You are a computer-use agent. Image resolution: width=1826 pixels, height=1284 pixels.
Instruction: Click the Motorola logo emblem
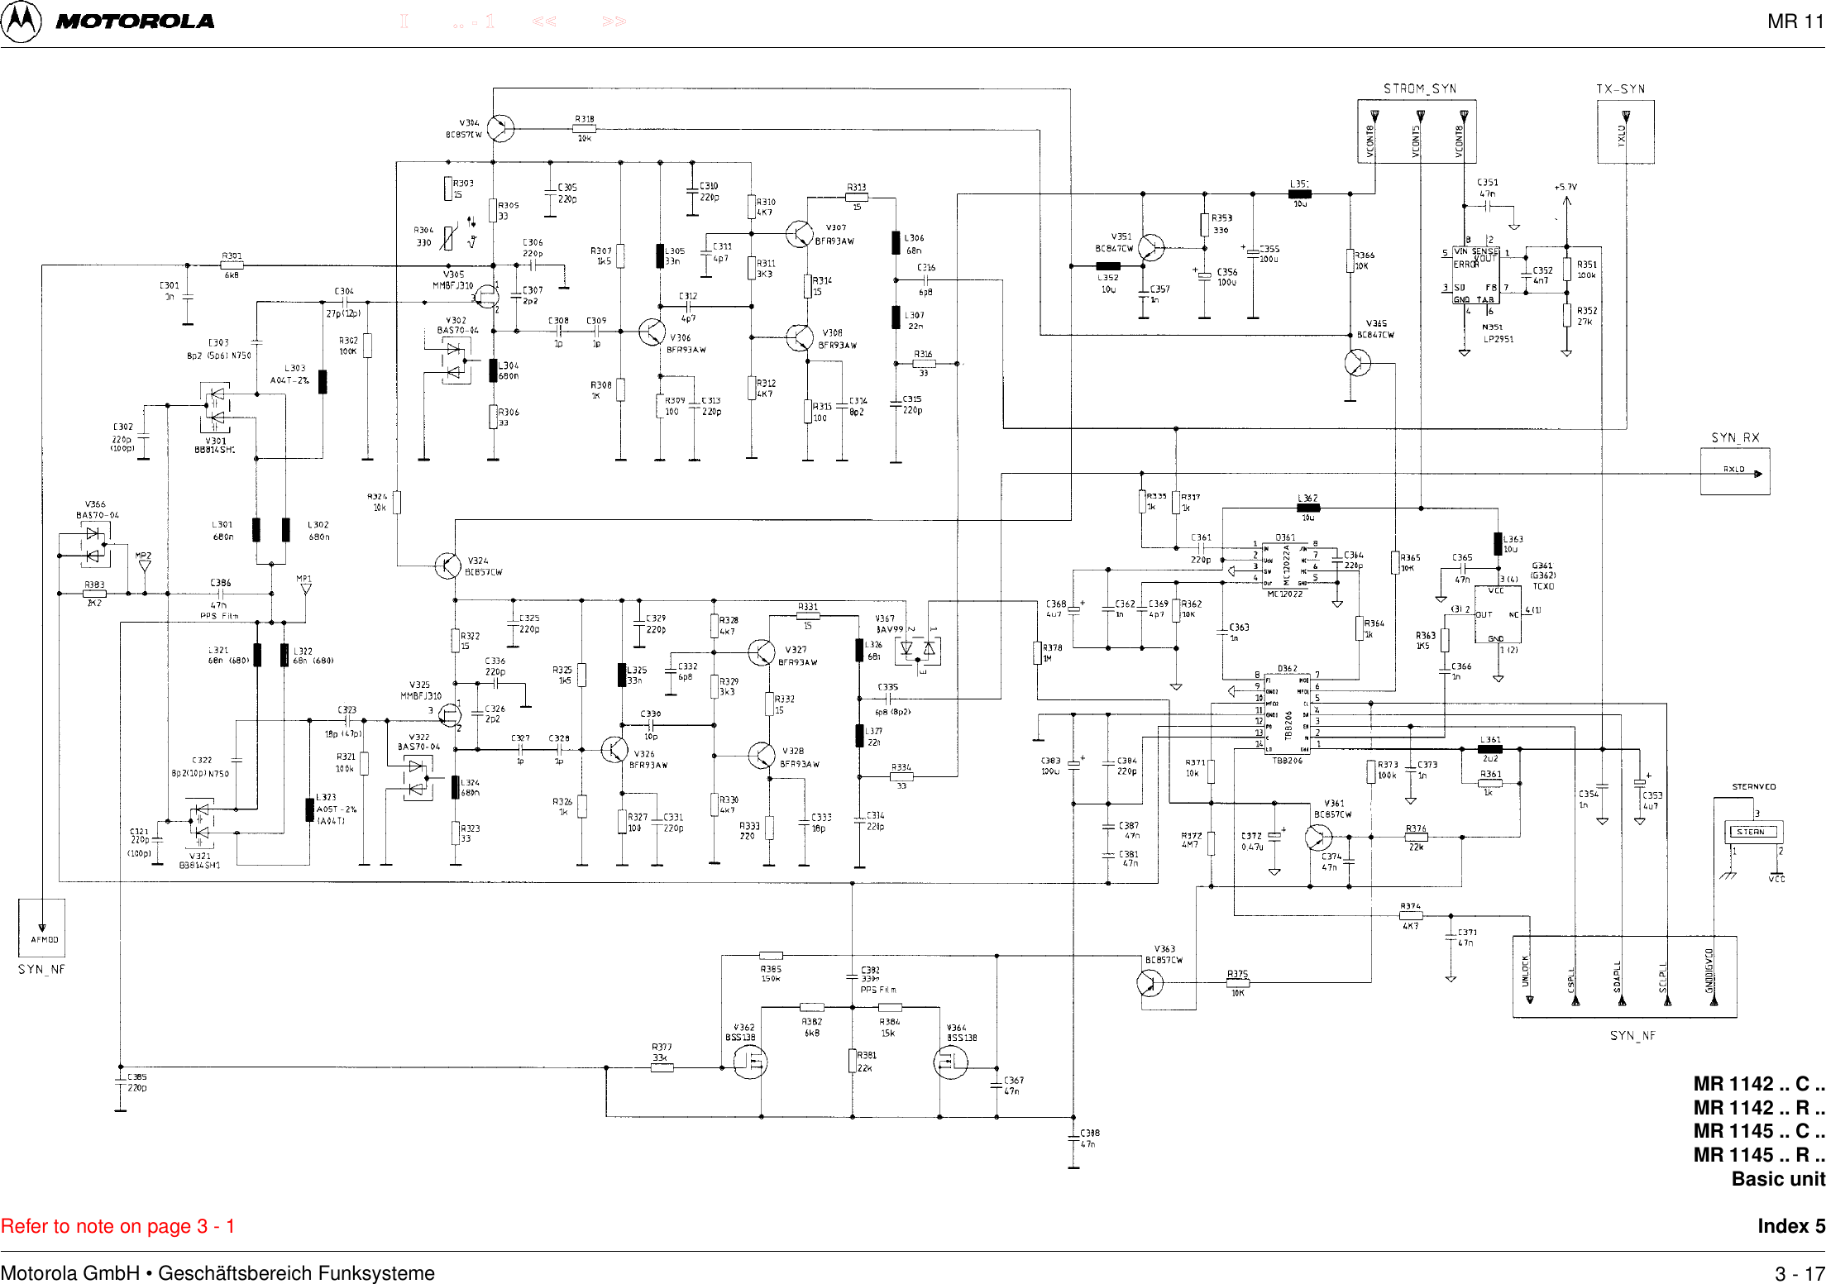point(21,21)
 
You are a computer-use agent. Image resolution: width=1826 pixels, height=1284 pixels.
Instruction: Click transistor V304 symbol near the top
point(500,128)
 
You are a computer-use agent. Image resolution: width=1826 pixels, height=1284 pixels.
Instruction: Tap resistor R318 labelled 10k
point(584,128)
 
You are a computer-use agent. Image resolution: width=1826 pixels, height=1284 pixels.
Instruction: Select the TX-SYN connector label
point(1620,89)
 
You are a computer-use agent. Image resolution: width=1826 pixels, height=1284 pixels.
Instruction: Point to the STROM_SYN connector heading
point(1419,88)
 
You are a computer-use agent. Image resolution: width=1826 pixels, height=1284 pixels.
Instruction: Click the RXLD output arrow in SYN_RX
point(1757,474)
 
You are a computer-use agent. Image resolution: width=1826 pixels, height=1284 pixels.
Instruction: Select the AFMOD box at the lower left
point(42,928)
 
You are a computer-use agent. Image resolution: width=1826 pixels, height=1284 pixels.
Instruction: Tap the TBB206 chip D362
point(1287,713)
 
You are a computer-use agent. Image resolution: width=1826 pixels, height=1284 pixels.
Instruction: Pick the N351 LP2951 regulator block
point(1476,274)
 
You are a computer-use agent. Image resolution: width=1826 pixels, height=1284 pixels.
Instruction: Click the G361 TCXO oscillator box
point(1498,615)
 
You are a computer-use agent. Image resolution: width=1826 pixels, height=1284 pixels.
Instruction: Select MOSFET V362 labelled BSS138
point(749,1062)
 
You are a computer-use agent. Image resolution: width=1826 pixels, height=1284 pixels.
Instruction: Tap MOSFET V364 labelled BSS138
point(949,1062)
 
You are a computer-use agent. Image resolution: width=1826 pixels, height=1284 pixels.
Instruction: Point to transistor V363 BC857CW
point(1150,982)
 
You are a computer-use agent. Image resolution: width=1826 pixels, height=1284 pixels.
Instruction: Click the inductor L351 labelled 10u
point(1299,194)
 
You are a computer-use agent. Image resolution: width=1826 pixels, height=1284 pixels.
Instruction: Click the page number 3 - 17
point(1799,1273)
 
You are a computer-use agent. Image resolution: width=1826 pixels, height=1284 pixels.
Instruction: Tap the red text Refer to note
point(117,1226)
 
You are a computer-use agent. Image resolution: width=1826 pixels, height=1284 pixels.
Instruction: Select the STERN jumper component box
point(1752,832)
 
